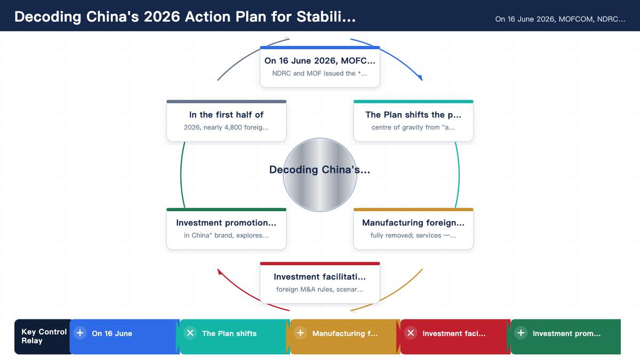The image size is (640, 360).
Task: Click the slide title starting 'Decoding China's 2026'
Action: click(185, 17)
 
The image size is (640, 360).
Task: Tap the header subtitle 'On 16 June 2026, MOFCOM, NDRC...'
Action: click(560, 19)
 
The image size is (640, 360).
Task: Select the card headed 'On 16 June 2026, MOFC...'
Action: click(319, 67)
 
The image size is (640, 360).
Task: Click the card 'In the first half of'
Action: click(226, 121)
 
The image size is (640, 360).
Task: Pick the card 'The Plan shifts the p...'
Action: click(413, 121)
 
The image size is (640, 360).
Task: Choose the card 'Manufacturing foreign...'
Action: click(413, 229)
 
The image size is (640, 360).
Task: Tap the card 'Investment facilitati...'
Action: click(319, 283)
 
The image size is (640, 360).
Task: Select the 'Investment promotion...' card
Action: click(226, 229)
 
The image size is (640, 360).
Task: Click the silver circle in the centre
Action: click(319, 175)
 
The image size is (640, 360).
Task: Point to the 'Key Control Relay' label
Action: click(44, 337)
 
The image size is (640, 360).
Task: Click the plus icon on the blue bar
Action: click(80, 333)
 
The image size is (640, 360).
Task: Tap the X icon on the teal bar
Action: click(190, 333)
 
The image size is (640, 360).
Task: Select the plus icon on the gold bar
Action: click(300, 333)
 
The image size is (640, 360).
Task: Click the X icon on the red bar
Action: click(411, 333)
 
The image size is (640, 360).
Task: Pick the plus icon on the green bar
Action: click(521, 333)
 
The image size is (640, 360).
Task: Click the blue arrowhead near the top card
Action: click(420, 77)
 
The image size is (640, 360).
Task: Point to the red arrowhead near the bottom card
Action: click(219, 271)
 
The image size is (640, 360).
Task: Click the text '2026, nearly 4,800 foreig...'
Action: click(226, 127)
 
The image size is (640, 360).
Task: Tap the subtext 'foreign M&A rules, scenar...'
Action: click(319, 290)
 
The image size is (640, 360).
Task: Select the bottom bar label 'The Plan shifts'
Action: click(229, 333)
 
